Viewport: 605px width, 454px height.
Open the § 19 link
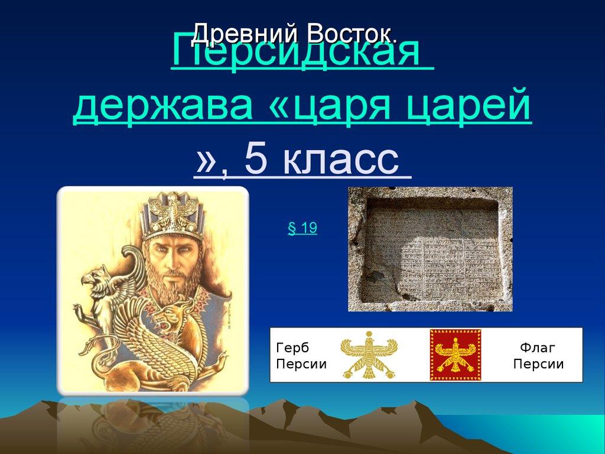[x=302, y=229]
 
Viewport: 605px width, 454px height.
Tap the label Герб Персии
[x=301, y=355]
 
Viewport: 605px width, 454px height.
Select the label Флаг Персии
[x=538, y=355]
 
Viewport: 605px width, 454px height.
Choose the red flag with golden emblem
[x=455, y=355]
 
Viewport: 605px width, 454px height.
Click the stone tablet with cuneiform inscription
[x=430, y=248]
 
